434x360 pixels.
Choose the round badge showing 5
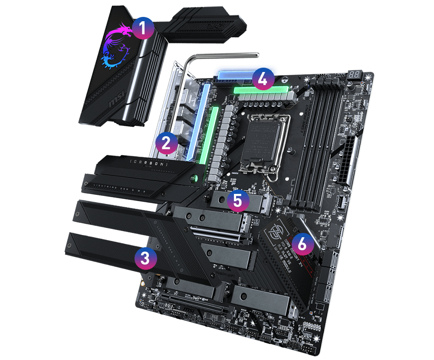coord(237,200)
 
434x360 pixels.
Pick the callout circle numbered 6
coord(302,244)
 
